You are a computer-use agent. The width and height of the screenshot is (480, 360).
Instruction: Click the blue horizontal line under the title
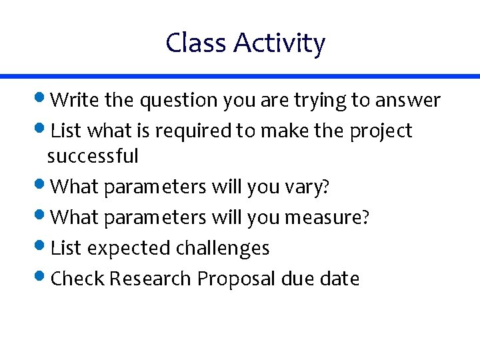pyautogui.click(x=240, y=77)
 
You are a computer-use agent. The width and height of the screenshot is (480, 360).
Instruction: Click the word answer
pyautogui.click(x=408, y=101)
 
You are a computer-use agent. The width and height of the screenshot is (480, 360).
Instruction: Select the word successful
pyautogui.click(x=93, y=157)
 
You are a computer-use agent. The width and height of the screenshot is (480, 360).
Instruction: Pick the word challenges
pyautogui.click(x=223, y=248)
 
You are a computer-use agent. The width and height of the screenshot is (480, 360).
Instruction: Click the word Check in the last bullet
pyautogui.click(x=77, y=278)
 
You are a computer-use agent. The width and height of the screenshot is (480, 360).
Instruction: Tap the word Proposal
pyautogui.click(x=237, y=278)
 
